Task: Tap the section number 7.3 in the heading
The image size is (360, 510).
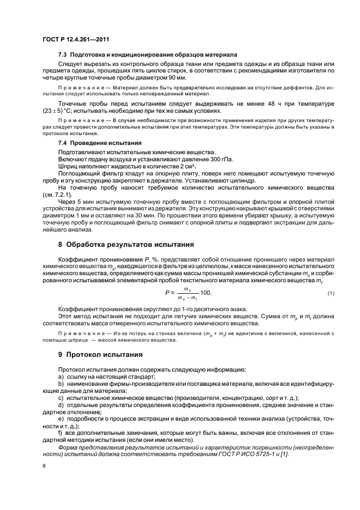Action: (x=63, y=56)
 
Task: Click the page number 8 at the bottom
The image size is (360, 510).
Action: (x=44, y=466)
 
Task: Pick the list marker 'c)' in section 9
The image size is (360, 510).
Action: (x=60, y=397)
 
